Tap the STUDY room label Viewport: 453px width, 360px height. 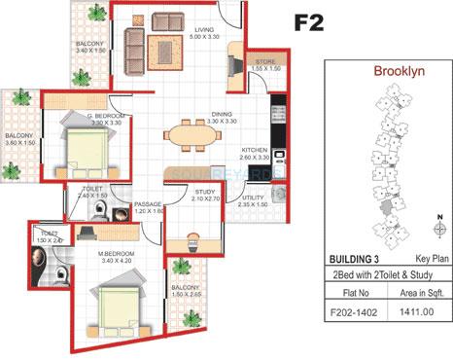click(x=203, y=193)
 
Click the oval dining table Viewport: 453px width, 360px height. click(x=195, y=135)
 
